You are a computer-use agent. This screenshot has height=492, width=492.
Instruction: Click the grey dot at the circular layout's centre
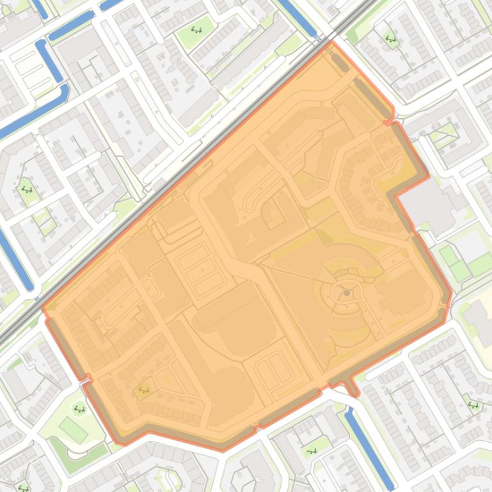pyautogui.click(x=347, y=293)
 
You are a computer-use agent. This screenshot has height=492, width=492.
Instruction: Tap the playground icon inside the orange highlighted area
pyautogui.click(x=143, y=390)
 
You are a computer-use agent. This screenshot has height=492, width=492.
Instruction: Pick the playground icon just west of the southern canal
pyautogui.click(x=312, y=451)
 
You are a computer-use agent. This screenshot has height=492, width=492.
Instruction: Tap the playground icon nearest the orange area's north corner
pyautogui.click(x=390, y=40)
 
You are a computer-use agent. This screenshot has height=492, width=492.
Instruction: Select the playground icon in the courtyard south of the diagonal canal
pyautogui.click(x=26, y=188)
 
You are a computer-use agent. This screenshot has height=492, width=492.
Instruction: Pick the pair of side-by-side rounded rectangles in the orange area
pyautogui.click(x=274, y=368)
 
